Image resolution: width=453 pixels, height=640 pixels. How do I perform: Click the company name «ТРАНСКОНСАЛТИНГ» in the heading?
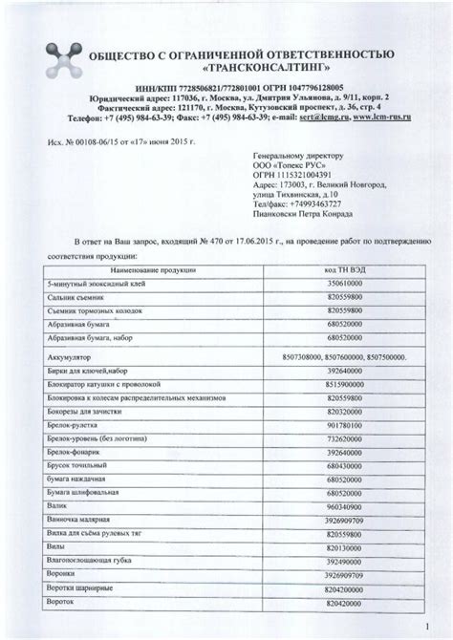coord(255,71)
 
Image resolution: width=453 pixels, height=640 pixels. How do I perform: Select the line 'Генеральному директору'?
coord(297,154)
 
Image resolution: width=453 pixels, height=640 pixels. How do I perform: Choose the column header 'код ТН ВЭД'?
coord(343,271)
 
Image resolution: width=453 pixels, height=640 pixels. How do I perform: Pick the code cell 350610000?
coord(342,285)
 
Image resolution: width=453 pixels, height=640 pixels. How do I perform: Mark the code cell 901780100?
coord(342,424)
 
